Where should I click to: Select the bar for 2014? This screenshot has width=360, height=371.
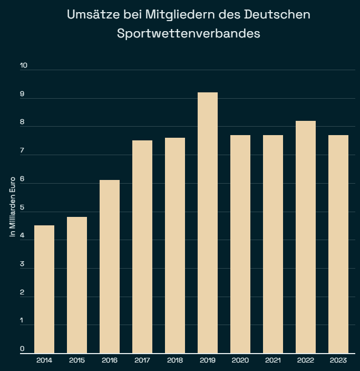tap(44, 289)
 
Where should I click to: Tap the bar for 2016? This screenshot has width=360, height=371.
tap(110, 267)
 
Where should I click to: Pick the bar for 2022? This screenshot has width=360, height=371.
tap(306, 237)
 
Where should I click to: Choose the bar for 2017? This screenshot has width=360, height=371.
tap(142, 246)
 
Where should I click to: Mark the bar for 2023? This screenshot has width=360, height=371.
tap(338, 244)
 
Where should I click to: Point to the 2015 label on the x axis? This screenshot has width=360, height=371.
tap(77, 360)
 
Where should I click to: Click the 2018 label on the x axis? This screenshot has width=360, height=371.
tap(175, 360)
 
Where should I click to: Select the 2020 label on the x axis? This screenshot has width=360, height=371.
tap(240, 360)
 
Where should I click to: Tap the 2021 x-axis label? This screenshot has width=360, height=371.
tap(273, 360)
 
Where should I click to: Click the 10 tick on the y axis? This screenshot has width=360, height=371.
tap(24, 66)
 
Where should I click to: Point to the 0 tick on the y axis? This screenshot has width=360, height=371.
tap(23, 349)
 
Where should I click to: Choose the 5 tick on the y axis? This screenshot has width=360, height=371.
tap(23, 207)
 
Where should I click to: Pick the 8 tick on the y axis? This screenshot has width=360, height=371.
tap(23, 122)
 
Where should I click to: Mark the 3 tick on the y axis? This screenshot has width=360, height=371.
tap(23, 264)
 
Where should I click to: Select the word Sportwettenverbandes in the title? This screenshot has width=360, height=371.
tap(189, 33)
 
